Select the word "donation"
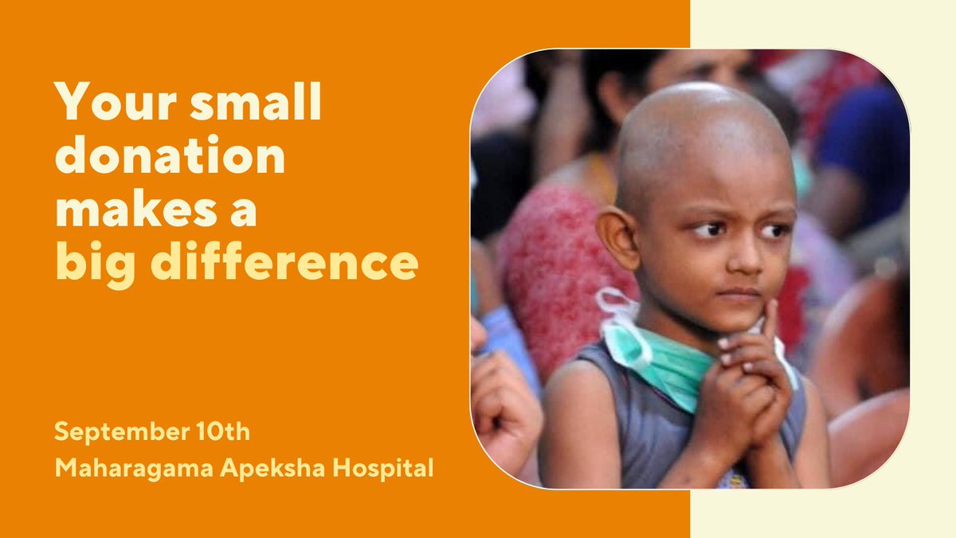(x=170, y=159)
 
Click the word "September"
(x=111, y=434)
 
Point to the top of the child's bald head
(x=701, y=104)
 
